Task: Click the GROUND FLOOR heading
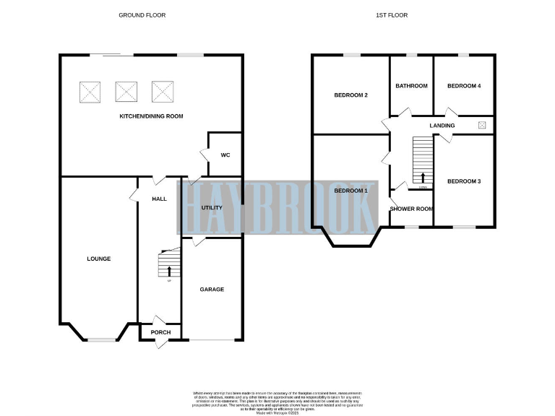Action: click(x=142, y=14)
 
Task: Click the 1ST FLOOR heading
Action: click(x=404, y=14)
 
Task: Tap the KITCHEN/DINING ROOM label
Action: click(x=151, y=116)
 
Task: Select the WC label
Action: click(x=225, y=155)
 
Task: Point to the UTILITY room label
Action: click(x=212, y=208)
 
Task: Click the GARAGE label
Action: click(x=212, y=289)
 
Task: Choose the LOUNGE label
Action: click(x=98, y=259)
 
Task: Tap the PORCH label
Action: click(x=160, y=332)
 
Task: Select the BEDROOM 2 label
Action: click(x=351, y=95)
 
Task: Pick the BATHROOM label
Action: click(x=411, y=86)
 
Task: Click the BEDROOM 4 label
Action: click(x=464, y=86)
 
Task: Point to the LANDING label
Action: click(x=442, y=126)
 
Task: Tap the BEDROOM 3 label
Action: click(x=464, y=181)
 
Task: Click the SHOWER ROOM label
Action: click(x=411, y=209)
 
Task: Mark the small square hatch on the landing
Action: click(x=482, y=125)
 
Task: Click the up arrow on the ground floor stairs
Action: click(x=170, y=272)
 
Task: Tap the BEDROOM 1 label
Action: click(x=351, y=191)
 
